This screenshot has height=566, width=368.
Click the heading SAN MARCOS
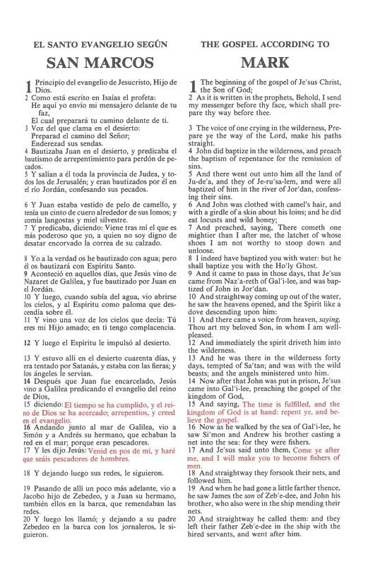(x=95, y=64)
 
